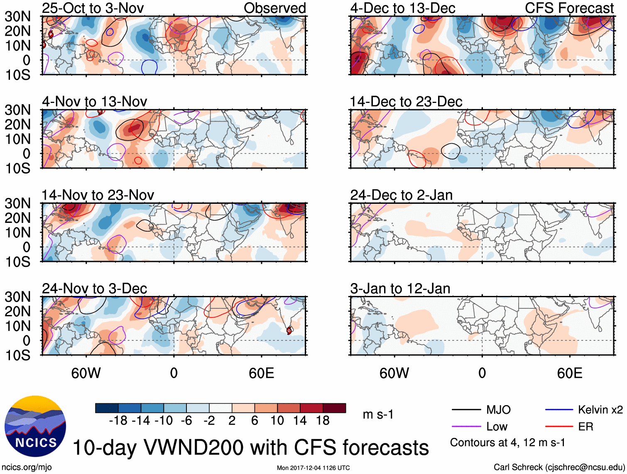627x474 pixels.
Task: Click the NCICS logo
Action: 35,426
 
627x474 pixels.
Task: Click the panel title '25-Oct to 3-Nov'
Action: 93,8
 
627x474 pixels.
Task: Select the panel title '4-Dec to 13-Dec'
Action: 403,8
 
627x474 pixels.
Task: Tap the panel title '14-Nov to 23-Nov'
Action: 98,195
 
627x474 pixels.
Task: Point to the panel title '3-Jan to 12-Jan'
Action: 400,288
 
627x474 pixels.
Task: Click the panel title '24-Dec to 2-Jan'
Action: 402,195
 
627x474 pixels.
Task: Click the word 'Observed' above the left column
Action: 275,8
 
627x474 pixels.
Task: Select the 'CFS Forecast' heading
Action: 569,8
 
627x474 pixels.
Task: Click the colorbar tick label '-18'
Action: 118,421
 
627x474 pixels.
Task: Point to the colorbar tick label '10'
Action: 277,421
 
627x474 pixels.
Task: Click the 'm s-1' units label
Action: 378,415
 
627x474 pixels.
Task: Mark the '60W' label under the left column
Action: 86,373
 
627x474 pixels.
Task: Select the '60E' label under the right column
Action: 570,373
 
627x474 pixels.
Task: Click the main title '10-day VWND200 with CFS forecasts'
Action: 250,448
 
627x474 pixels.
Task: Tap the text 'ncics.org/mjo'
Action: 27,467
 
